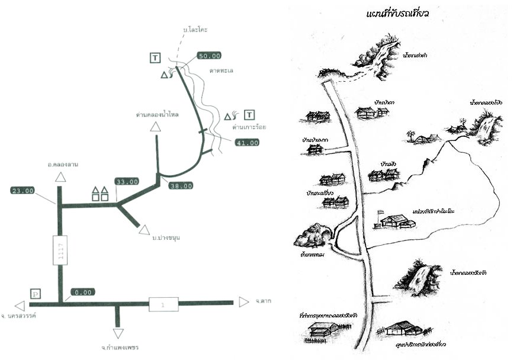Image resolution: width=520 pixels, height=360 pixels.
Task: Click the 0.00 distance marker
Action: pos(82,292)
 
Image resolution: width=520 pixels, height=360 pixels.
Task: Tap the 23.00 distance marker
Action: pos(23,191)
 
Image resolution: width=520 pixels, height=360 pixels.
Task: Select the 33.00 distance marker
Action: pos(127,182)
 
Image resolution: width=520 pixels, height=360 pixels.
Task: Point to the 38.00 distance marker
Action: pos(181,185)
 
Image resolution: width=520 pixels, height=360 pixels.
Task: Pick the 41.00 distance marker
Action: pos(247,143)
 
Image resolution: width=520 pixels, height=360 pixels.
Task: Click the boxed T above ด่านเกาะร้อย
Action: pos(249,114)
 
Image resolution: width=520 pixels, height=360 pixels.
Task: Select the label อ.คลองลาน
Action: pos(64,164)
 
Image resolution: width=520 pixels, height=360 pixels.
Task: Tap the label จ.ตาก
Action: pos(264,301)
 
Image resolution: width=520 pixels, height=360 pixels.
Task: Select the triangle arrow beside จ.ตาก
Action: pos(243,302)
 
